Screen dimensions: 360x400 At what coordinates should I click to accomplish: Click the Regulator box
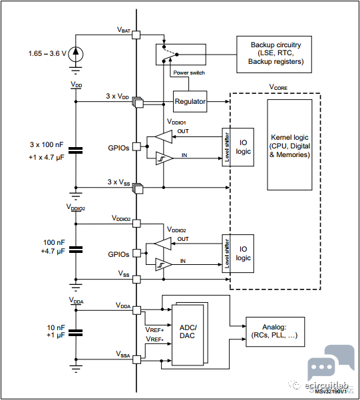190,102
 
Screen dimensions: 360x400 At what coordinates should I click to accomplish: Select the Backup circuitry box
274,55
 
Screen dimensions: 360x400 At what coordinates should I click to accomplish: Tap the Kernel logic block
289,144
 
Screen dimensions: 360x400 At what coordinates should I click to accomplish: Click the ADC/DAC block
188,335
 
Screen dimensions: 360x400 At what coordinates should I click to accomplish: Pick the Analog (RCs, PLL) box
275,331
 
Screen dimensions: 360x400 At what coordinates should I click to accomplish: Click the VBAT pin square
136,35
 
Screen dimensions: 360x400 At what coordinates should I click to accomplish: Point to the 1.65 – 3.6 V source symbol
75,54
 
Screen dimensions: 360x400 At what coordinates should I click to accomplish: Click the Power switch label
189,73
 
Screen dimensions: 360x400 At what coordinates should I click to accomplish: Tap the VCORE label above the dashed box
278,87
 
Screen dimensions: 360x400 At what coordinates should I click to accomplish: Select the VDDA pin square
137,310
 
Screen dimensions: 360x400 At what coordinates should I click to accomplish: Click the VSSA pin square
137,359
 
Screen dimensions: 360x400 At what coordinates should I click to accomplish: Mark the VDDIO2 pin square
137,224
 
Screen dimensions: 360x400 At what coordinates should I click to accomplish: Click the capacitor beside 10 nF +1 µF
76,333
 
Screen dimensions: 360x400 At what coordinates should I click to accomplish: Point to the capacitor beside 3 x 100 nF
76,150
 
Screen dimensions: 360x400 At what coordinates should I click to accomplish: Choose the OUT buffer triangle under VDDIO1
164,136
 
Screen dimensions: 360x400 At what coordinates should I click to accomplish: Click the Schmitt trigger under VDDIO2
164,264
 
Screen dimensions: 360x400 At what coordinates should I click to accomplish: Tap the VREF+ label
154,330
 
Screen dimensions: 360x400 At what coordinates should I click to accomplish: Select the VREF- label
154,339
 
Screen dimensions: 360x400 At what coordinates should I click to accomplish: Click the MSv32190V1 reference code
331,391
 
